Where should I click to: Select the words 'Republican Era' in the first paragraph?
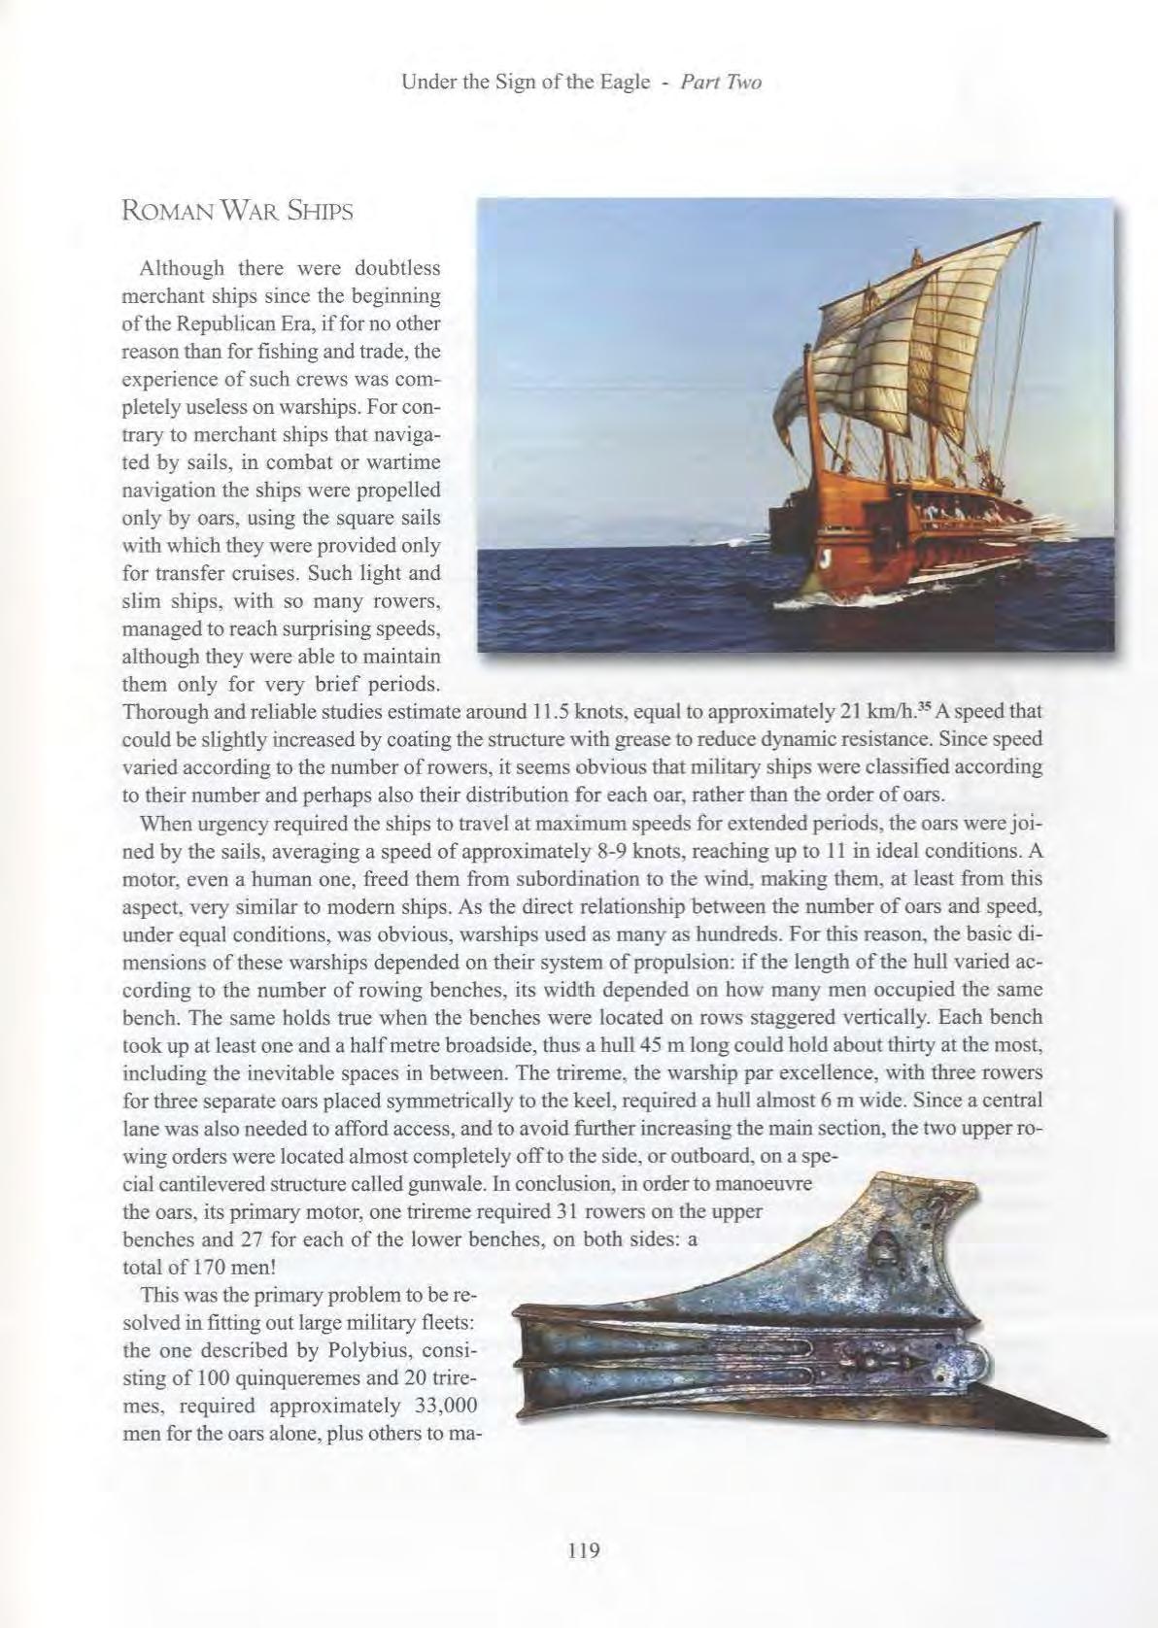(229, 323)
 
